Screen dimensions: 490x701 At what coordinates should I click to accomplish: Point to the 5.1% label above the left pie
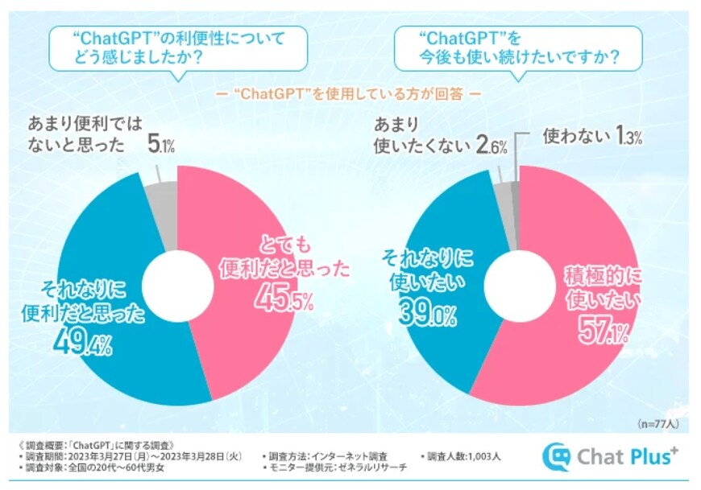(x=163, y=146)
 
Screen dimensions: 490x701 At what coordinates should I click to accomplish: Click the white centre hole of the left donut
(x=176, y=282)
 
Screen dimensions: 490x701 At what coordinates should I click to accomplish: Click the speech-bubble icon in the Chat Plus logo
(x=555, y=456)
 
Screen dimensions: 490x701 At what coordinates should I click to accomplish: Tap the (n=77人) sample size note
(x=657, y=422)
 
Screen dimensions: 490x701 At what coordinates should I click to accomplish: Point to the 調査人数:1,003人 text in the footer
(x=462, y=456)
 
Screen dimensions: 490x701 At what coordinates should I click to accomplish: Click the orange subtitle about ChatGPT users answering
(x=347, y=94)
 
